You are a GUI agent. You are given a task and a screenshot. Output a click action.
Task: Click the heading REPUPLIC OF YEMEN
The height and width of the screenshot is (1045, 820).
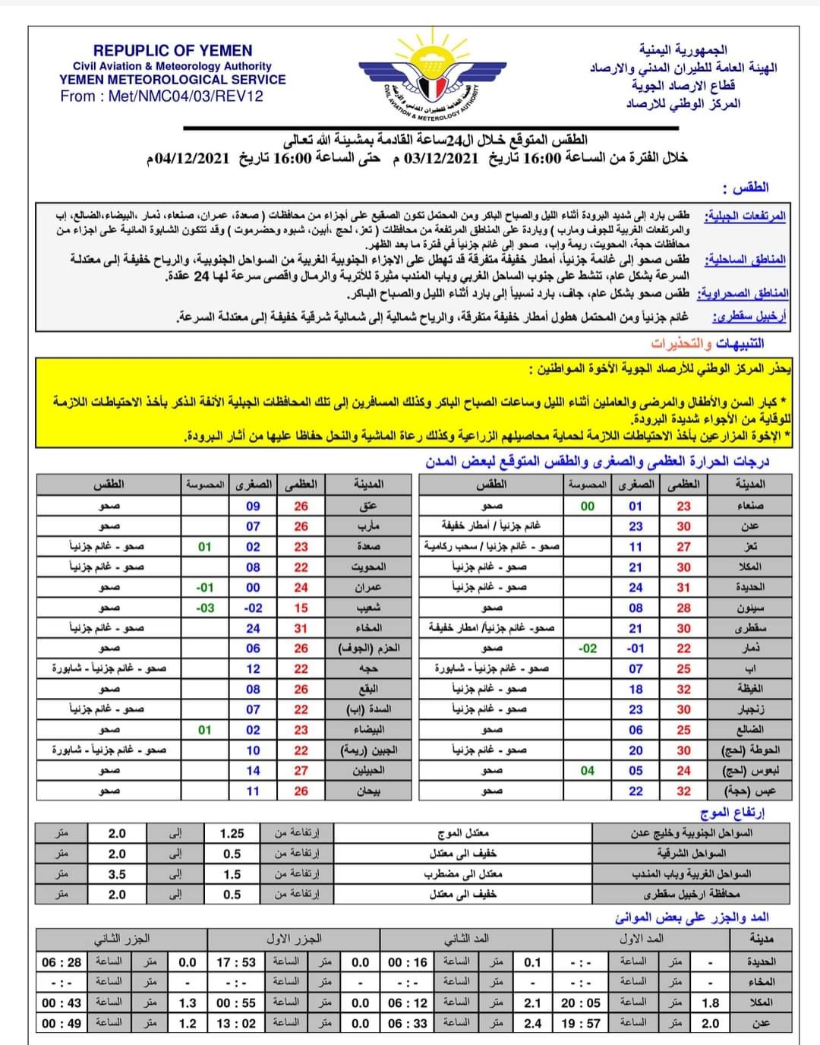click(172, 51)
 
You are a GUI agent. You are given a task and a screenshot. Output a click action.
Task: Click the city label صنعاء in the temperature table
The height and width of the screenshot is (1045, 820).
click(750, 506)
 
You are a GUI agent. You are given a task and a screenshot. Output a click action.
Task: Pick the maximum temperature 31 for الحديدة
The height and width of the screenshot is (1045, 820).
click(684, 587)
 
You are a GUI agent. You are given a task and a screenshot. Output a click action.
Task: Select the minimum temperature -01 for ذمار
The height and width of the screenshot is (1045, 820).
click(635, 649)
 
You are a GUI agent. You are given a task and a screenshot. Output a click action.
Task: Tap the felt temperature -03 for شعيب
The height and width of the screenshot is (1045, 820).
click(205, 608)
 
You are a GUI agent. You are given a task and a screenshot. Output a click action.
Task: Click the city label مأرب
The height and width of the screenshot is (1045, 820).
click(368, 526)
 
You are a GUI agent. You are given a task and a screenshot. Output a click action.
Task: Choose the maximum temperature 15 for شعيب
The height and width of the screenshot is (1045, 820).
click(301, 608)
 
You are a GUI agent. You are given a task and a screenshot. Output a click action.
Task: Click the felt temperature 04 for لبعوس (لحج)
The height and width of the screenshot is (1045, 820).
click(588, 770)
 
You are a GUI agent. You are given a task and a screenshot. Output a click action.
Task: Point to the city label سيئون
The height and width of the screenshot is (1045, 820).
click(749, 608)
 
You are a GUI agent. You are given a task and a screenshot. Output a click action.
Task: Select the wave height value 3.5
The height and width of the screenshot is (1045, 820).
click(117, 874)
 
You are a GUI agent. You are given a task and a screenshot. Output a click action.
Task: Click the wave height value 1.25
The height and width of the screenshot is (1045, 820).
click(232, 833)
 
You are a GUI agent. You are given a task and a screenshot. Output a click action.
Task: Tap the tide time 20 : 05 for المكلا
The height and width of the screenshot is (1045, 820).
click(581, 1002)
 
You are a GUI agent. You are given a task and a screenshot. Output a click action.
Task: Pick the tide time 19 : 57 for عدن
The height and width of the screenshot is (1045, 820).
click(581, 1023)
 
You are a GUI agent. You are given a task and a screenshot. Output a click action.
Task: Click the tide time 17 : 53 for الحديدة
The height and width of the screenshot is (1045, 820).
click(236, 962)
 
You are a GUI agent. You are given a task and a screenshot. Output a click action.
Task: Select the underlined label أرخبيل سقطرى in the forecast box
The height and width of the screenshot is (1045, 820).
click(749, 317)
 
